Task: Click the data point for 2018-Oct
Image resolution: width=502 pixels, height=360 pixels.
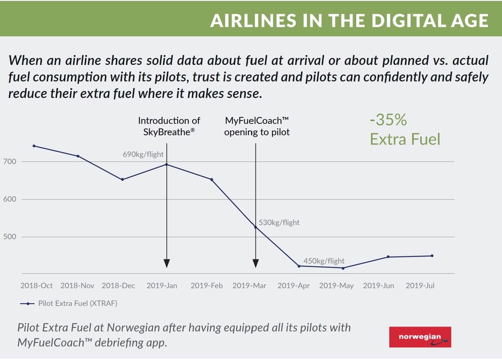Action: tap(34, 146)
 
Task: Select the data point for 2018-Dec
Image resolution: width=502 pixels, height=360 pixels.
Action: tap(122, 180)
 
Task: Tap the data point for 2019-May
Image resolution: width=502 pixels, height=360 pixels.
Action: tap(343, 268)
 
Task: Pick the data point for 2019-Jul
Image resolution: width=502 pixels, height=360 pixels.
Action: tap(432, 256)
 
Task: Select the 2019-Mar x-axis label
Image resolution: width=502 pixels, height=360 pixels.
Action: tap(249, 286)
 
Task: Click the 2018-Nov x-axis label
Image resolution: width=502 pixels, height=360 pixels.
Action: tap(77, 286)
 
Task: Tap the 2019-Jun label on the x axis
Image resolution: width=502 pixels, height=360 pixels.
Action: tap(379, 286)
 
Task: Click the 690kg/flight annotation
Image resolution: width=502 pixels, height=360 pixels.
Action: tap(144, 155)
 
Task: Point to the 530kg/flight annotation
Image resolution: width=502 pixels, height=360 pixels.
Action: tap(279, 222)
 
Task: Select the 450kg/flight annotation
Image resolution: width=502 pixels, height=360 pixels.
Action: tap(324, 261)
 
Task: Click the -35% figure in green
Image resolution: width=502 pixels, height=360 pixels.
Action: tap(388, 121)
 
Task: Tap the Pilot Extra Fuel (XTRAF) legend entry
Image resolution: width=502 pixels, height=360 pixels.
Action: tap(77, 303)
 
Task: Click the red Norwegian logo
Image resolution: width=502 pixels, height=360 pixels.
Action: tap(420, 337)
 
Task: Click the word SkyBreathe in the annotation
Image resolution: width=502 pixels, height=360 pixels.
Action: tap(166, 132)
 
